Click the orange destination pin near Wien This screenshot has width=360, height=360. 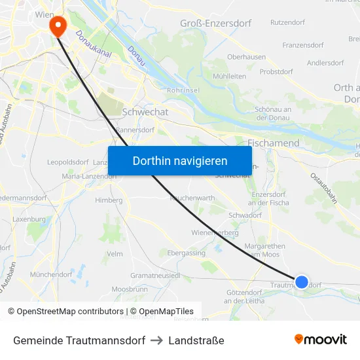pyautogui.click(x=58, y=25)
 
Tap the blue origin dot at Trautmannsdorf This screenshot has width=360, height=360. pyautogui.click(x=301, y=282)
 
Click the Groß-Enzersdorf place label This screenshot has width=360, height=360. pyautogui.click(x=215, y=24)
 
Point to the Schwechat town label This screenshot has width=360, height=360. pyautogui.click(x=145, y=112)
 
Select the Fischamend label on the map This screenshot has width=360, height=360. pyautogui.click(x=274, y=143)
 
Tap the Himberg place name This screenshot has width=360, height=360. pyautogui.click(x=109, y=200)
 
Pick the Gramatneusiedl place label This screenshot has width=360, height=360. pyautogui.click(x=155, y=276)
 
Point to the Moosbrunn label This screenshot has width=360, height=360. pyautogui.click(x=130, y=289)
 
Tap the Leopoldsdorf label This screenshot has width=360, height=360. pyautogui.click(x=68, y=162)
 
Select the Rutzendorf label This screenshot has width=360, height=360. pyautogui.click(x=287, y=22)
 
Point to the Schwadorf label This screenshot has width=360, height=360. pyautogui.click(x=245, y=215)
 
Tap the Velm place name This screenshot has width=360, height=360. pyautogui.click(x=115, y=254)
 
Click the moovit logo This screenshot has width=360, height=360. pyautogui.click(x=320, y=339)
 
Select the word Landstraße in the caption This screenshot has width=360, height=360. pyautogui.click(x=196, y=340)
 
